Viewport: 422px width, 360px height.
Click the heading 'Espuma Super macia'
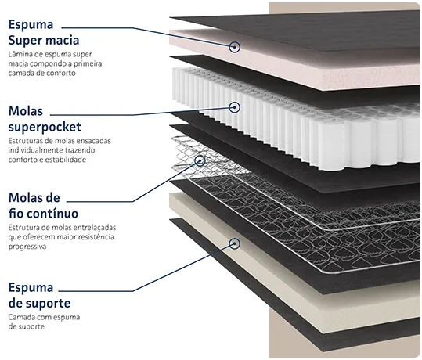44,32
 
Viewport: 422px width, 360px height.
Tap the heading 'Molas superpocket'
45,119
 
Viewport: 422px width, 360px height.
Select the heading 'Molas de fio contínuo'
43,206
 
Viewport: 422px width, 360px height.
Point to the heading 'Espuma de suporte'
39,295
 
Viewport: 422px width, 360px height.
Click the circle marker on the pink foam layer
234,47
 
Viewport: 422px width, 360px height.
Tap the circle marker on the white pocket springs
234,107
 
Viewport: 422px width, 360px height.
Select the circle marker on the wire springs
200,161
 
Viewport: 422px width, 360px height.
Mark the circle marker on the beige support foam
234,243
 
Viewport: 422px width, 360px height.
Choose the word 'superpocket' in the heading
45,127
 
